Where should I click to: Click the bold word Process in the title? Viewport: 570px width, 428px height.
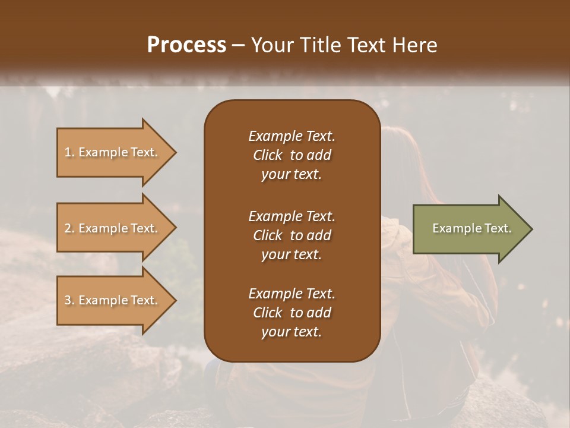(186, 45)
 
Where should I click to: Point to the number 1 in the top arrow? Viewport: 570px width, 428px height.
(68, 152)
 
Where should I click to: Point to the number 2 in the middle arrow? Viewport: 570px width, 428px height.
(68, 228)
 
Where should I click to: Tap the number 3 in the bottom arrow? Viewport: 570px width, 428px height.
(68, 300)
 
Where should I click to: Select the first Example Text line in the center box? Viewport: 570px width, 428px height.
(292, 136)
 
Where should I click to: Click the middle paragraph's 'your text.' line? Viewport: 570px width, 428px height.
(292, 254)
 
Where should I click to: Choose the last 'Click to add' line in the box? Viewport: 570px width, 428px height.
(292, 313)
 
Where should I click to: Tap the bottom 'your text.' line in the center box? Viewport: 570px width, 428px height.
(292, 332)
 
